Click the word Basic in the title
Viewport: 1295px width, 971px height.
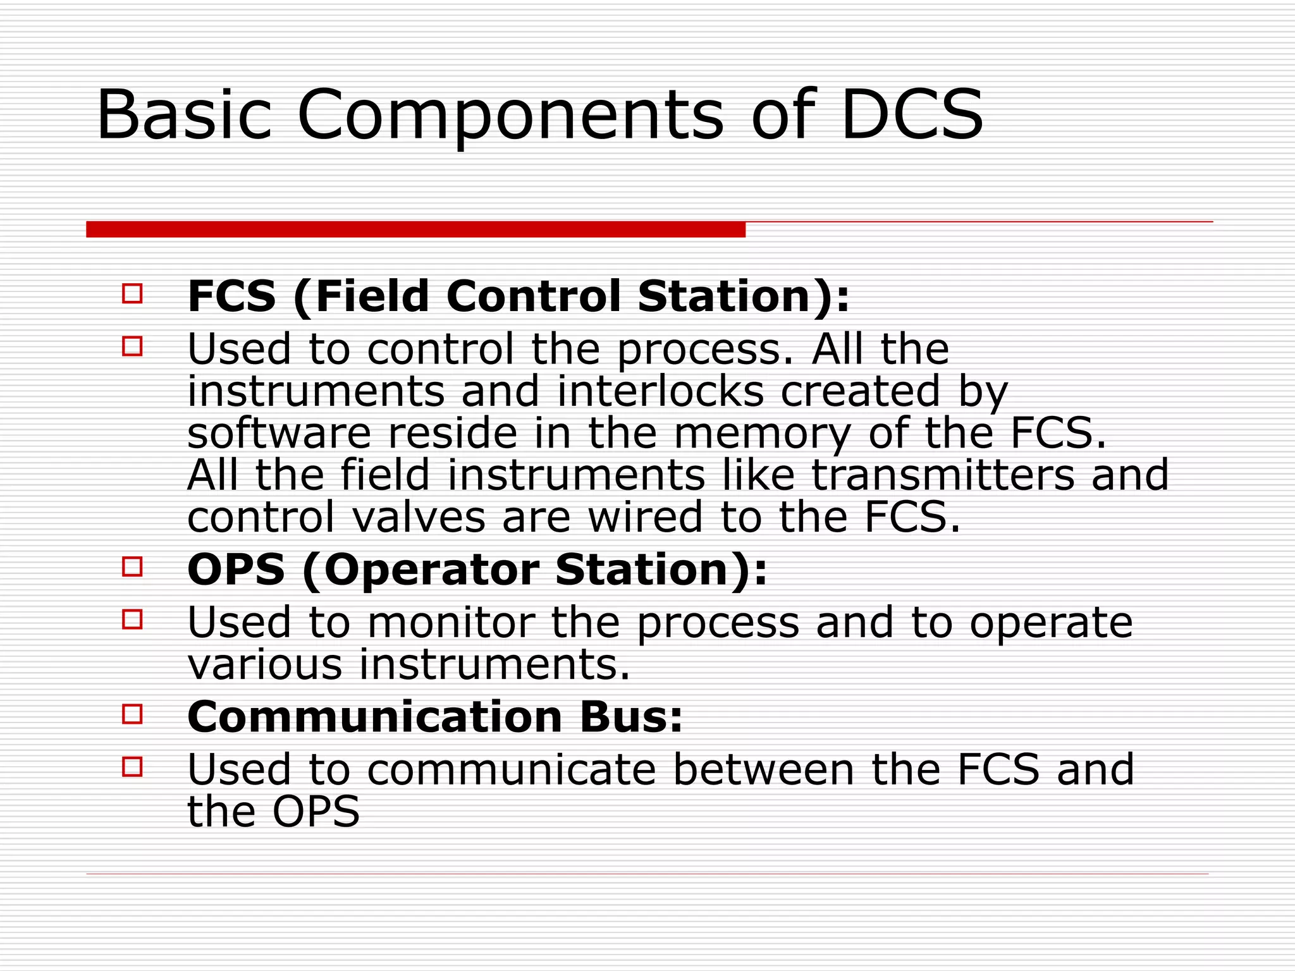pos(184,115)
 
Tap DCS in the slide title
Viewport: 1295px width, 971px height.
pos(911,115)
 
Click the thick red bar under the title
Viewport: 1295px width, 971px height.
pos(415,229)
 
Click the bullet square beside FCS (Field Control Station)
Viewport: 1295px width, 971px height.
pos(132,294)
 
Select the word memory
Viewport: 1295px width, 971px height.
pos(762,435)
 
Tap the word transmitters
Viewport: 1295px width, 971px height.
pos(943,475)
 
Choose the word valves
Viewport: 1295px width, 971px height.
pos(419,517)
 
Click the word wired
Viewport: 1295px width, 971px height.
pos(646,517)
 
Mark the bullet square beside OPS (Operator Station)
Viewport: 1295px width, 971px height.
pos(132,566)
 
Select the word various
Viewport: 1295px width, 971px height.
pos(265,664)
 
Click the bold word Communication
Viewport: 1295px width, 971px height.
pos(374,717)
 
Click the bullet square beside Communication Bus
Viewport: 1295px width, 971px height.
pos(132,714)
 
